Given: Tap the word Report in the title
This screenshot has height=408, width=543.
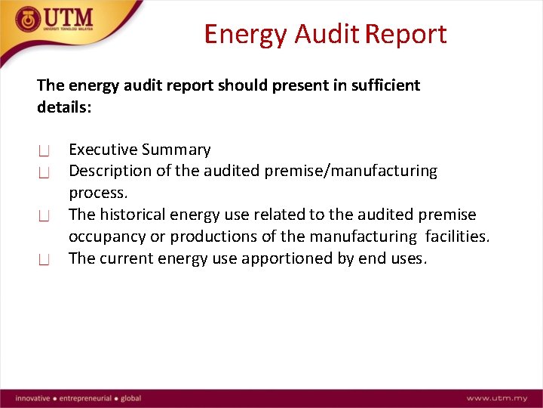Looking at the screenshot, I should point(408,35).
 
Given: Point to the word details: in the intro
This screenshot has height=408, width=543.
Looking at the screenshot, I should point(64,107).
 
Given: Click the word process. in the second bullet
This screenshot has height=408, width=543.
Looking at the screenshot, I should point(98,193).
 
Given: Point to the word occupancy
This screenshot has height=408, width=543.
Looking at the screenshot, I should point(107,236).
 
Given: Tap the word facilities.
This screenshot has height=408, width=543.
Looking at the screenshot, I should point(457,236).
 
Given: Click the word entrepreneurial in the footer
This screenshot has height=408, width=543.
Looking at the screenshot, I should point(86,398).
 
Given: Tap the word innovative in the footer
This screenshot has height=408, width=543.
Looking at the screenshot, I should point(32,398).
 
